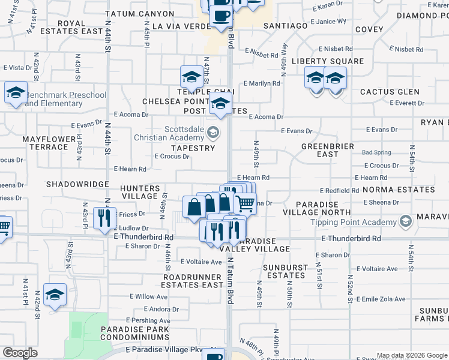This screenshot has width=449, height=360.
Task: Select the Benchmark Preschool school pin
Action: click(16, 93)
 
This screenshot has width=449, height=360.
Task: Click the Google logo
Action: click(20, 353)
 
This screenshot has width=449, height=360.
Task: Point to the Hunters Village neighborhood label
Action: click(139, 192)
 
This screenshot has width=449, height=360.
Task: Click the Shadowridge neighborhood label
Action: click(77, 184)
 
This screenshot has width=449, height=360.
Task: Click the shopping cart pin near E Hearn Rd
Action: click(245, 203)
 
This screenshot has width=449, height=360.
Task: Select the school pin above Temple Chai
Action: click(191, 76)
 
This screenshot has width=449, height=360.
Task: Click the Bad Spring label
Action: click(376, 152)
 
